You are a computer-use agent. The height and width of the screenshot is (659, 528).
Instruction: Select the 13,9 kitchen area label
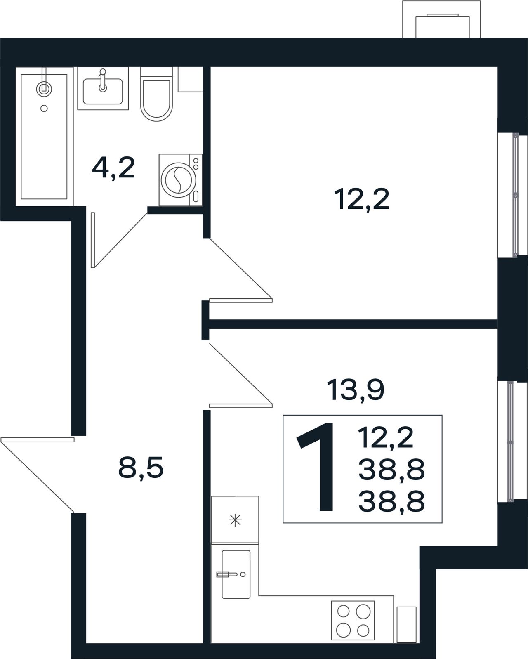coord(355,390)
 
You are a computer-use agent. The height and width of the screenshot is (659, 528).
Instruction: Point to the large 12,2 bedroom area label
coord(361,199)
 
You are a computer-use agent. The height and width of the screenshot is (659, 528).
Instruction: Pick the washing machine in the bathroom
coord(181,180)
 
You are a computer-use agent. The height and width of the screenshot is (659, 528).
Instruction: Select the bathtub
coord(44,137)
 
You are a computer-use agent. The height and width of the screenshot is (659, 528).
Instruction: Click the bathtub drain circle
coord(44,108)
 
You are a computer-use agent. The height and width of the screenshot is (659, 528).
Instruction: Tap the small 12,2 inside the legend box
coord(386,438)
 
